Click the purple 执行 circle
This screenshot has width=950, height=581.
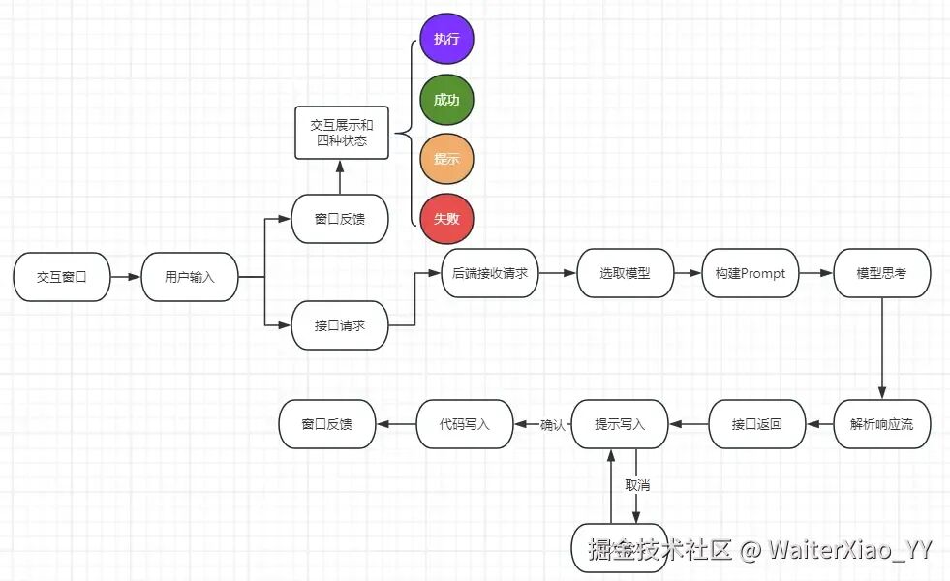[x=446, y=39]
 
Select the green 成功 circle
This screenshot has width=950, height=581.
[x=446, y=100]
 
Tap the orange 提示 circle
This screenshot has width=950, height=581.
[x=446, y=159]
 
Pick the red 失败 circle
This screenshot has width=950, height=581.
[x=446, y=219]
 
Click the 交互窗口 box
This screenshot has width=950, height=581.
[x=62, y=276]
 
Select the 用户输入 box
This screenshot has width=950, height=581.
[x=190, y=276]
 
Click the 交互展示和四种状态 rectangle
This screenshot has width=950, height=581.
[x=341, y=133]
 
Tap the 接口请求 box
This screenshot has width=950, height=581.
[x=340, y=325]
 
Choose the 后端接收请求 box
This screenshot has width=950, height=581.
[x=490, y=273]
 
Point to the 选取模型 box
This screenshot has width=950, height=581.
[x=625, y=273]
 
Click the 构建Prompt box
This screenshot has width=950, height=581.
[x=751, y=273]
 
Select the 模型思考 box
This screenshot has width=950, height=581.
[x=882, y=273]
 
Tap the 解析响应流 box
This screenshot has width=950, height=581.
[x=882, y=424]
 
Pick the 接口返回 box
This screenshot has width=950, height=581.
[x=757, y=424]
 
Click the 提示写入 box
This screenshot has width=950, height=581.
[x=620, y=424]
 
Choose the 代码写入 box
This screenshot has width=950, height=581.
[x=465, y=424]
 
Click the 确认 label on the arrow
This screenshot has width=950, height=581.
[x=552, y=424]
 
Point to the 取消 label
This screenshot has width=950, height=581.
[x=637, y=484]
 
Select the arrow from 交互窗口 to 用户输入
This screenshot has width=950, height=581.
[x=126, y=277]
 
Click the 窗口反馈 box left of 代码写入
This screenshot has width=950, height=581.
[x=326, y=424]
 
